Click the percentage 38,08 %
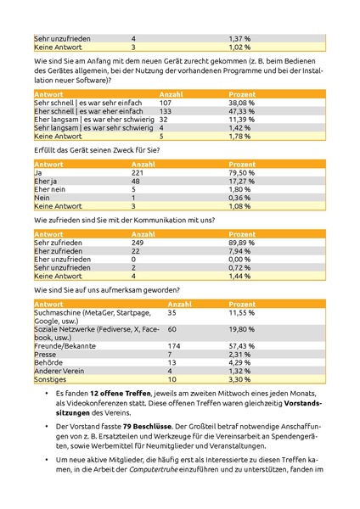pos(242,102)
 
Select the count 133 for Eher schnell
pos(165,111)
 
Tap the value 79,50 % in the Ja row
pos(242,172)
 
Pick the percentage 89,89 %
pos(242,243)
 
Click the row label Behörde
pos(48,363)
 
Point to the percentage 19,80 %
pos(242,329)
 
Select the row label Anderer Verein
pos(57,371)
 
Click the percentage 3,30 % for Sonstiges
pos(240,379)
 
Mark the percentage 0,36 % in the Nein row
pos(240,198)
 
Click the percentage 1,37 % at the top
pos(241,39)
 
